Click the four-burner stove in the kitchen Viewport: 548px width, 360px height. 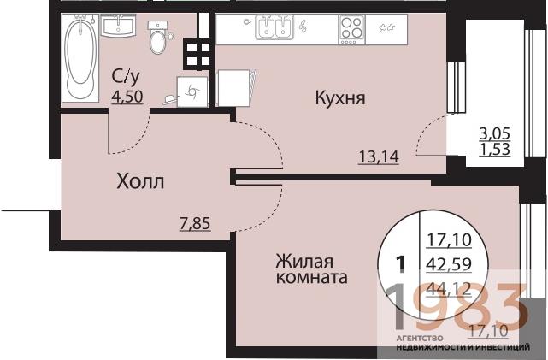point(352,28)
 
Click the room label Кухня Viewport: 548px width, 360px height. point(339,98)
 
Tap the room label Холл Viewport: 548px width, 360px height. point(139,181)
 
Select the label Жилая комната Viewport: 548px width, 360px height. point(310,269)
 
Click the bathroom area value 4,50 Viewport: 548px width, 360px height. point(127,96)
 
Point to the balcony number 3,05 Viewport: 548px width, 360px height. point(496,134)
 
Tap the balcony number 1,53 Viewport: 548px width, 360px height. point(496,151)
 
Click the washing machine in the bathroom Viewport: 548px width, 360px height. point(192,90)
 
